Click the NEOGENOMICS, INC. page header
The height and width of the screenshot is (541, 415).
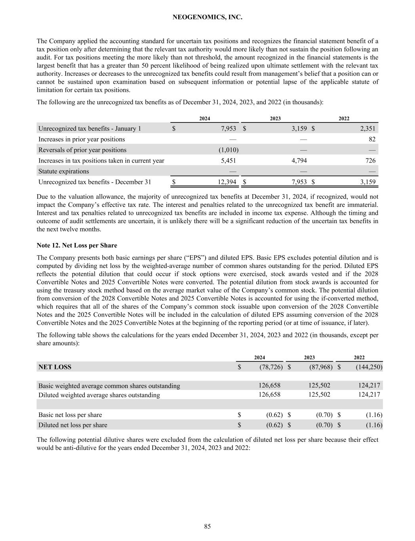pos(207,17)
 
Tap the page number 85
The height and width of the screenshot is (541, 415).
pos(207,526)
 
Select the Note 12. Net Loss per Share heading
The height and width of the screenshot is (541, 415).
pos(77,245)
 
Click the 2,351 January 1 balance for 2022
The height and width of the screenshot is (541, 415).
pos(367,128)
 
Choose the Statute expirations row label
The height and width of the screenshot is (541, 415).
pos(64,171)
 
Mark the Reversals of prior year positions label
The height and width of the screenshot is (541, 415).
pos(82,150)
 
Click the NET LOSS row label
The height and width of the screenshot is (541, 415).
pos(55,367)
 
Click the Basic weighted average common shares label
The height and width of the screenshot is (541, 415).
pos(109,386)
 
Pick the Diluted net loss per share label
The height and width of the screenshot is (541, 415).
pos(73,425)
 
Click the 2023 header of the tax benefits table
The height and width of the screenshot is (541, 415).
pos(275,119)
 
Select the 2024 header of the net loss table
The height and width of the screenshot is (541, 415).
pos(259,357)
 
